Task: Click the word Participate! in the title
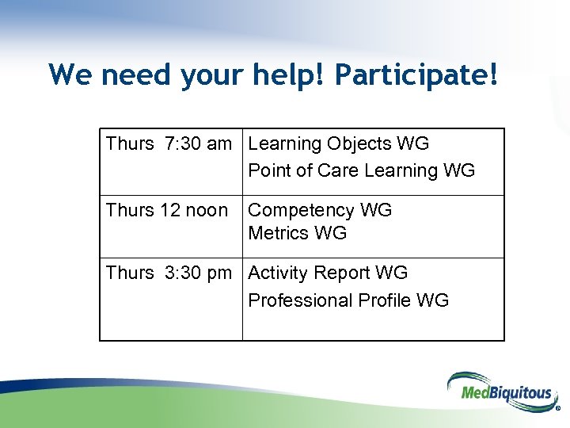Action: pyautogui.click(x=416, y=75)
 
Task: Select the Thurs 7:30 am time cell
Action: pyautogui.click(x=169, y=144)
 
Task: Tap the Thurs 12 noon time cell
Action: pyautogui.click(x=166, y=211)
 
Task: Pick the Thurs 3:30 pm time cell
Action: pyautogui.click(x=169, y=273)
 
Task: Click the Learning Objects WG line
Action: pyautogui.click(x=338, y=144)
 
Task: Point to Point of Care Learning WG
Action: pyautogui.click(x=361, y=170)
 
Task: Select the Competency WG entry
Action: pyautogui.click(x=320, y=211)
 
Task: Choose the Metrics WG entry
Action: pyautogui.click(x=297, y=233)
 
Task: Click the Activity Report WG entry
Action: pyautogui.click(x=328, y=273)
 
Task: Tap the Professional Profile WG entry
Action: pyautogui.click(x=348, y=300)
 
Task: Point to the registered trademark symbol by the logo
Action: pyautogui.click(x=557, y=410)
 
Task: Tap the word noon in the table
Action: pyautogui.click(x=204, y=211)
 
